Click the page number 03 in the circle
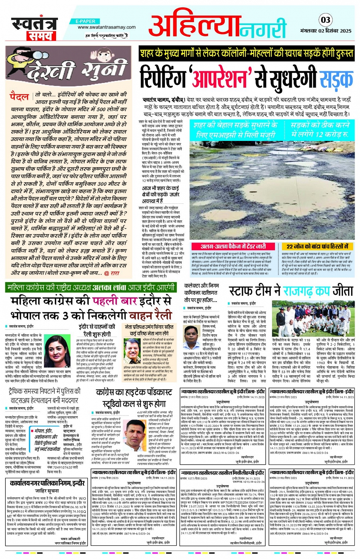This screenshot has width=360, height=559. click(326, 20)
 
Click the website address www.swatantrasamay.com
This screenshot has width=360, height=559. click(107, 27)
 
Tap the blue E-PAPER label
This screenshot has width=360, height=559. click(86, 21)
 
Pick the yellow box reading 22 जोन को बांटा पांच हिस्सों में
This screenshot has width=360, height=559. click(317, 246)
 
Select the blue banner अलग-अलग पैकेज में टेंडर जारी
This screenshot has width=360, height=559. click(233, 246)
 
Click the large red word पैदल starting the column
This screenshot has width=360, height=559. click(20, 96)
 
